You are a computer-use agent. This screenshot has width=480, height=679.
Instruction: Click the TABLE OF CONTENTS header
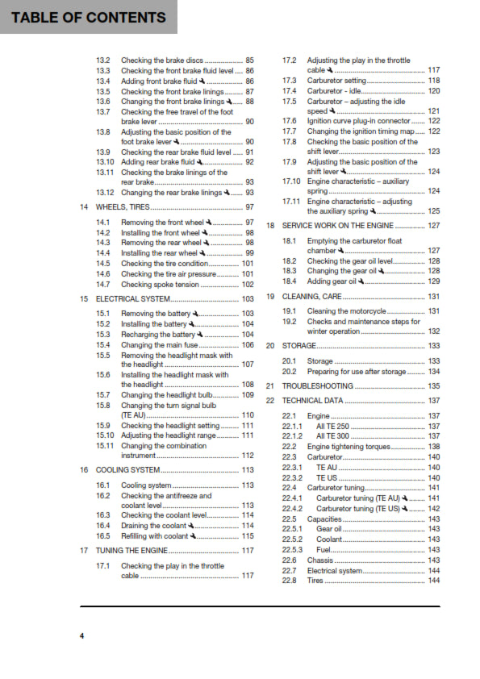click(89, 17)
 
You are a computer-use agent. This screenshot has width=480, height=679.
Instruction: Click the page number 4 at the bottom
click(81, 636)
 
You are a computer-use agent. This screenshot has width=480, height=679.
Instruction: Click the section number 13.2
click(102, 60)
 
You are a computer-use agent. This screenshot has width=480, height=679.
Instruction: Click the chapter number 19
click(271, 297)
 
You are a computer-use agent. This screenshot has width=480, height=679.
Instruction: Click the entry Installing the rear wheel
click(159, 253)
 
